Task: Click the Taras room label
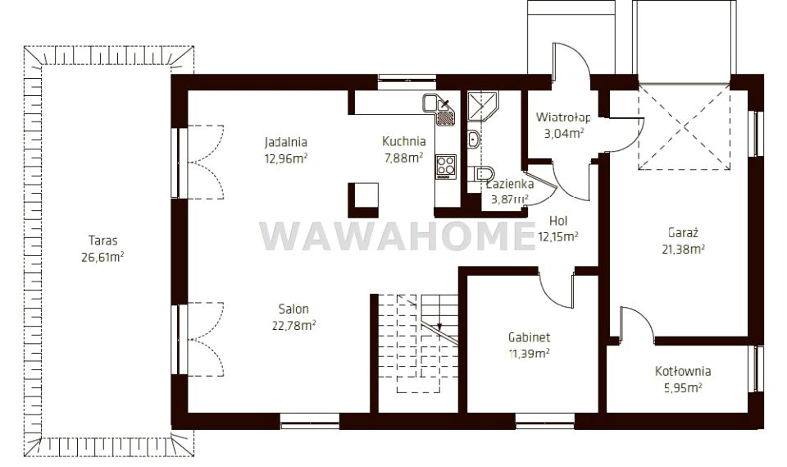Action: click(103, 240)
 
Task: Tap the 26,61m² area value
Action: click(102, 257)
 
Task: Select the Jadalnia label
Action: click(285, 142)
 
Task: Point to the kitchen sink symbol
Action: click(439, 109)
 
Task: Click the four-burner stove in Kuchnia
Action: click(446, 167)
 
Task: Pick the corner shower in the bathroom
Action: click(483, 107)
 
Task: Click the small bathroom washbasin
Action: click(474, 140)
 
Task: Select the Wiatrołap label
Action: click(563, 117)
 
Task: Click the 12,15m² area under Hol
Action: click(558, 236)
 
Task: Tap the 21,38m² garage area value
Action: click(683, 249)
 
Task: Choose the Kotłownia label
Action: click(683, 372)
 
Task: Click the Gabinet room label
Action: click(529, 337)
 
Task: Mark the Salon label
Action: click(293, 309)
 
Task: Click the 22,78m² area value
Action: click(293, 325)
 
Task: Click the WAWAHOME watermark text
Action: click(398, 236)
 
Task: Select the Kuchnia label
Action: click(404, 141)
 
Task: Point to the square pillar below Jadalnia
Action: click(363, 200)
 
